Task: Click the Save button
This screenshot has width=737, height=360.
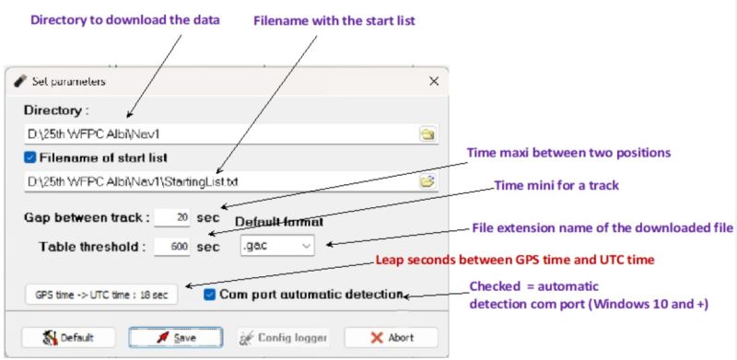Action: click(x=174, y=337)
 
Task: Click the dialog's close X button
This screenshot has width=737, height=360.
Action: click(x=433, y=81)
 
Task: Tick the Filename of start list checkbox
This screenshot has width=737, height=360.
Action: click(x=31, y=157)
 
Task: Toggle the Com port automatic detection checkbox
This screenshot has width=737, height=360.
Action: click(x=211, y=294)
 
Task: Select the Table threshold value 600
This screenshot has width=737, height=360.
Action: click(x=172, y=246)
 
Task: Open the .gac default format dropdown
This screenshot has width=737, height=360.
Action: click(x=276, y=245)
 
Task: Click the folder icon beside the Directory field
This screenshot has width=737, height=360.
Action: click(x=427, y=134)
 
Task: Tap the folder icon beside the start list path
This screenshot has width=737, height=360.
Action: click(x=427, y=180)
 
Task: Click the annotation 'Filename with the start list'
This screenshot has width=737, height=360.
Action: click(x=328, y=21)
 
